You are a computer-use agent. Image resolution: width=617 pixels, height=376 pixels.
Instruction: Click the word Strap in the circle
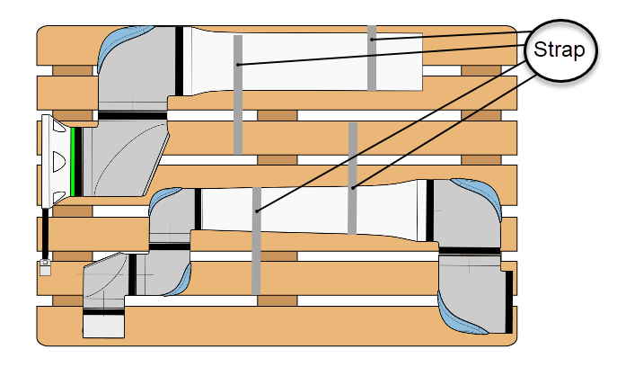560,49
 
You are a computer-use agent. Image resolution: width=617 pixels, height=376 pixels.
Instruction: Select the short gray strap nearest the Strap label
372,58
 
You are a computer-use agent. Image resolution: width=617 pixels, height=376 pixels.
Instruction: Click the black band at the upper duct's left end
180,61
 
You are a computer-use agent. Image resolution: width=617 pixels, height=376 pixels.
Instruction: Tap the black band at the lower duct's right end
429,210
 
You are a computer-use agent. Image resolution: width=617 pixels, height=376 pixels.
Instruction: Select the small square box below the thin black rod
43,268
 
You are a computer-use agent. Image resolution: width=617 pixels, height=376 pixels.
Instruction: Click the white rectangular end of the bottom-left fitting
102,325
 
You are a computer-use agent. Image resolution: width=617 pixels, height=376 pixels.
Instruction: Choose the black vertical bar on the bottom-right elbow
509,301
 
